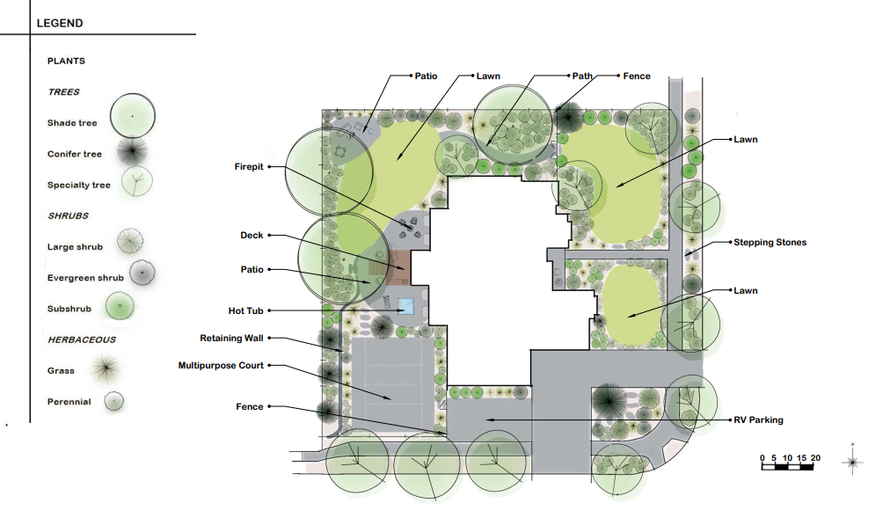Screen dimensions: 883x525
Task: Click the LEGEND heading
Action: point(60,23)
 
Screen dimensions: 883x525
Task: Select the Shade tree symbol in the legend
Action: point(132,116)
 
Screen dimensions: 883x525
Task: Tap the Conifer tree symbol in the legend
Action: point(132,151)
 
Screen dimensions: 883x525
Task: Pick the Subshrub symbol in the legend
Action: point(120,306)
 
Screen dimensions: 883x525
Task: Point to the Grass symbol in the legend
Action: point(106,368)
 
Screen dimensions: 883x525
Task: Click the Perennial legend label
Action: point(69,402)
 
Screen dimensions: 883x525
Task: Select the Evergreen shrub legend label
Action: point(85,278)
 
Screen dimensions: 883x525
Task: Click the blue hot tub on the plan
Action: point(406,306)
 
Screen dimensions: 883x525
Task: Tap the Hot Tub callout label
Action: point(246,310)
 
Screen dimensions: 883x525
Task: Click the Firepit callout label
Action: point(249,167)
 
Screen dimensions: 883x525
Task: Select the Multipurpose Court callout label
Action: point(221,366)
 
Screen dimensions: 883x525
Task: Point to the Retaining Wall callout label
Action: point(231,338)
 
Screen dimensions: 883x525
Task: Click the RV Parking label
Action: point(758,419)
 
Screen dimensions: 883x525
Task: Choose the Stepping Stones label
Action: point(770,242)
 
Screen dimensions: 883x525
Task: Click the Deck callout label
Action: point(252,236)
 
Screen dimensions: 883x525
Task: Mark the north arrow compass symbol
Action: point(852,462)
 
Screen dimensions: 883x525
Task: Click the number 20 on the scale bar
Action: point(815,458)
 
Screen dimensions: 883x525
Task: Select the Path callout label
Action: point(582,76)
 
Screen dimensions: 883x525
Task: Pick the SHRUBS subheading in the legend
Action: point(68,215)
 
